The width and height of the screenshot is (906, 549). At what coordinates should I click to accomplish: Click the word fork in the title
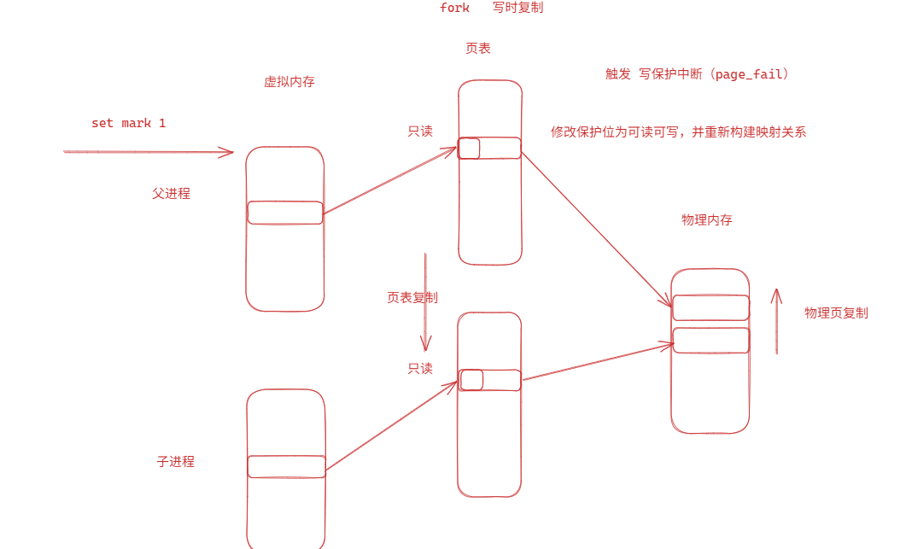click(x=454, y=8)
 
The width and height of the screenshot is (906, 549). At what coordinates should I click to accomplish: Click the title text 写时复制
click(x=517, y=8)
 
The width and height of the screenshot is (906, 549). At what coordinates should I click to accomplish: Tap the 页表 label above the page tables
click(x=478, y=49)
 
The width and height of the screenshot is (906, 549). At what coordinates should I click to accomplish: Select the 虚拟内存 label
click(x=289, y=82)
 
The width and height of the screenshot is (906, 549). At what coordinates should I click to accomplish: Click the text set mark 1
click(x=128, y=123)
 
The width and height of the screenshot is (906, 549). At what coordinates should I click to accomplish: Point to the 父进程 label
click(x=171, y=194)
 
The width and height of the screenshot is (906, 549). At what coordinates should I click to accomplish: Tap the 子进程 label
click(x=175, y=462)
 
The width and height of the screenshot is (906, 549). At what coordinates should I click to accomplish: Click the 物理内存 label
click(x=706, y=219)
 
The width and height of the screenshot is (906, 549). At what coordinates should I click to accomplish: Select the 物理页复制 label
click(x=836, y=313)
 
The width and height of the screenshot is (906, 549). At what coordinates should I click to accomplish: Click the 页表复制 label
click(x=412, y=298)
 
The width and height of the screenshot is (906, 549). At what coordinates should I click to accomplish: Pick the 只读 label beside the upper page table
click(x=420, y=131)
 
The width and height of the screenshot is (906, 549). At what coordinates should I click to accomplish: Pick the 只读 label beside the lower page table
click(x=420, y=369)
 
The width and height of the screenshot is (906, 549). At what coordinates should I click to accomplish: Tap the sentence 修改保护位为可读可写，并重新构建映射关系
click(x=679, y=132)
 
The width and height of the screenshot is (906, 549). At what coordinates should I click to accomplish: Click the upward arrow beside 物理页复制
click(x=776, y=321)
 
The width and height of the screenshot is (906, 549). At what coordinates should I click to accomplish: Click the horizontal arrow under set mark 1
click(x=149, y=152)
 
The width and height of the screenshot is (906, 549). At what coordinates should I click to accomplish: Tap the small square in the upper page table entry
click(x=469, y=149)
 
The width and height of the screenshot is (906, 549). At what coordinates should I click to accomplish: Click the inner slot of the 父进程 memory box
click(x=285, y=213)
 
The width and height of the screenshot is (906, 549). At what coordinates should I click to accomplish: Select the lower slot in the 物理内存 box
click(x=710, y=340)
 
